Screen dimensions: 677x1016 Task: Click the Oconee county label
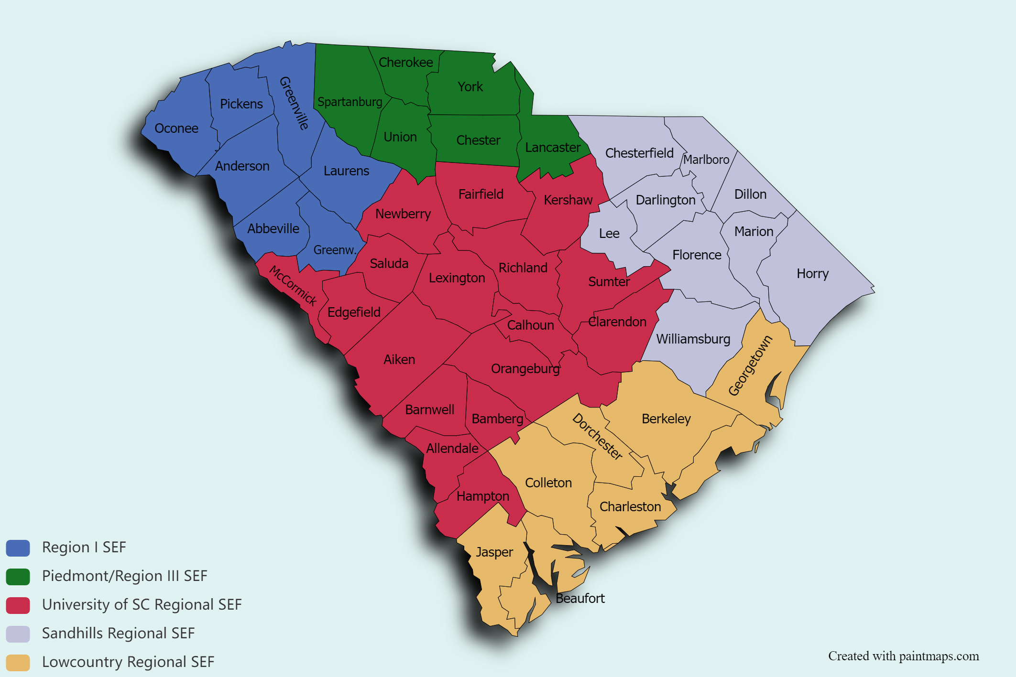pyautogui.click(x=176, y=129)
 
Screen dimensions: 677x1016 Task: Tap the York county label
pyautogui.click(x=470, y=87)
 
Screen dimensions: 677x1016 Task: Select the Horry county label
pyautogui.click(x=812, y=274)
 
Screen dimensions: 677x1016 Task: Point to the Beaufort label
pyautogui.click(x=580, y=599)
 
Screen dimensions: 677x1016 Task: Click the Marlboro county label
pyautogui.click(x=706, y=160)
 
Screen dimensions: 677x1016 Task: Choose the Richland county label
pyautogui.click(x=523, y=268)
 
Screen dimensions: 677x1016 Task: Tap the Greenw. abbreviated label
pyautogui.click(x=335, y=250)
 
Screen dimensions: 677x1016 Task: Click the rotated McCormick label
pyautogui.click(x=293, y=285)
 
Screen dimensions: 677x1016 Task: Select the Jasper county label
pyautogui.click(x=494, y=552)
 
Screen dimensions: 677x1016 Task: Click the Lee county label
pyautogui.click(x=609, y=234)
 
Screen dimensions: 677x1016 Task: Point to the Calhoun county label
pyautogui.click(x=530, y=325)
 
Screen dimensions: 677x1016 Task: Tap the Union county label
pyautogui.click(x=400, y=137)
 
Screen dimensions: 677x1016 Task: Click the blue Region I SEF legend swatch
pyautogui.click(x=18, y=548)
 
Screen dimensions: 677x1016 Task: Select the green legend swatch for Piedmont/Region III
pyautogui.click(x=18, y=577)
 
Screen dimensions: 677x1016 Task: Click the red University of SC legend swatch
pyautogui.click(x=18, y=605)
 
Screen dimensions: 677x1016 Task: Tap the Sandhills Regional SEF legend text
pyautogui.click(x=118, y=634)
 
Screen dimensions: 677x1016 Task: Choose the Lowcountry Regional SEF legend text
pyautogui.click(x=128, y=662)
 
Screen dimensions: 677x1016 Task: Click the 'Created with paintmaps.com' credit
pyautogui.click(x=903, y=656)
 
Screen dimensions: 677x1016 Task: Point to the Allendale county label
pyautogui.click(x=452, y=449)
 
